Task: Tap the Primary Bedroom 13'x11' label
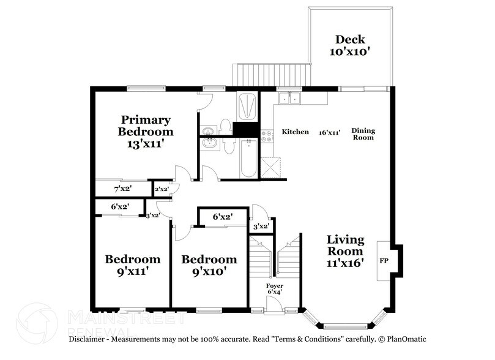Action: pos(145,131)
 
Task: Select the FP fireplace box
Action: pos(384,260)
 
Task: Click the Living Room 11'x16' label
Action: pos(345,251)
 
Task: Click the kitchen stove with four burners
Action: pos(267,137)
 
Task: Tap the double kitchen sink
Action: pos(288,98)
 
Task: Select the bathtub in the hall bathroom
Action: pos(247,158)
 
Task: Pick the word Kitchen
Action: pos(295,132)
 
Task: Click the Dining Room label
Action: pos(363,133)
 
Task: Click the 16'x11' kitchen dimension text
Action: pos(329,132)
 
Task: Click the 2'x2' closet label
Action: pos(162,190)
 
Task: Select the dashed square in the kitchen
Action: pos(270,166)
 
